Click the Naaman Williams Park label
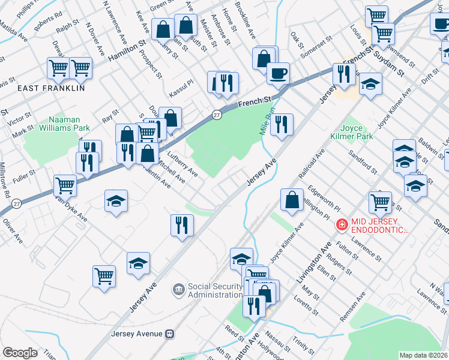pyautogui.click(x=65, y=123)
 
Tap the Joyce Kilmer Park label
pyautogui.click(x=357, y=131)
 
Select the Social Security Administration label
pyautogui.click(x=215, y=290)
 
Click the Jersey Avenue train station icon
pyautogui.click(x=170, y=334)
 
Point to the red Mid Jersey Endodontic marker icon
pyautogui.click(x=342, y=225)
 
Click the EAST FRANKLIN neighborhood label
pyautogui.click(x=51, y=88)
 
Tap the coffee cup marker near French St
pyautogui.click(x=278, y=74)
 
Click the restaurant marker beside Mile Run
pyautogui.click(x=282, y=125)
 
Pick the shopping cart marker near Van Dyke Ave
pyautogui.click(x=65, y=185)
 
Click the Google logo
pyautogui.click(x=20, y=353)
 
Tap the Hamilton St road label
pyautogui.click(x=127, y=52)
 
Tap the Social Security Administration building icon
pyautogui.click(x=179, y=290)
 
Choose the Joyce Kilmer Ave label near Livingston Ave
pyautogui.click(x=287, y=242)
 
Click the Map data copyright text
pyautogui.click(x=423, y=355)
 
